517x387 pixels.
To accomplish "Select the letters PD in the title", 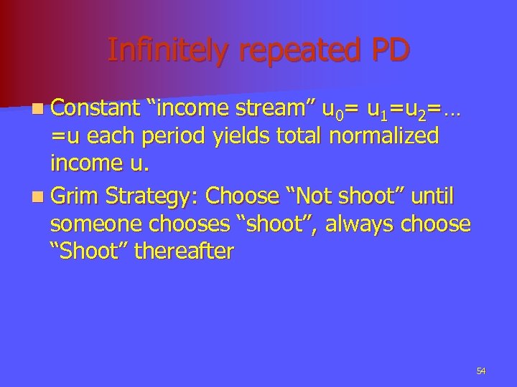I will click(x=389, y=49).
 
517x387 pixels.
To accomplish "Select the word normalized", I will click(x=384, y=137).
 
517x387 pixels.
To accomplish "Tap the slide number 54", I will click(x=481, y=371).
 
